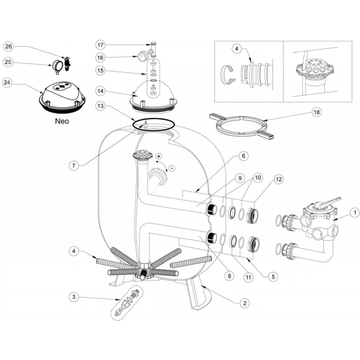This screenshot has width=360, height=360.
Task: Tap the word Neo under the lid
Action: (62, 121)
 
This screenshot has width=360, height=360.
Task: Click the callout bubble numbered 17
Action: (100, 45)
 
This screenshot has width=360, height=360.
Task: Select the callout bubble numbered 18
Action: (316, 112)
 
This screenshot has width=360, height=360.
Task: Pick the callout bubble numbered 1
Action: (354, 212)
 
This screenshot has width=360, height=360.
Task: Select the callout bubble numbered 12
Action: (279, 179)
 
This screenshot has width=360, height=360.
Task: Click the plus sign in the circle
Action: (158, 156)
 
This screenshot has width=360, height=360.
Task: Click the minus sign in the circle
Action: (171, 168)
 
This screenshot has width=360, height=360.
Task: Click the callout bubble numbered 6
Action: (243, 156)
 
